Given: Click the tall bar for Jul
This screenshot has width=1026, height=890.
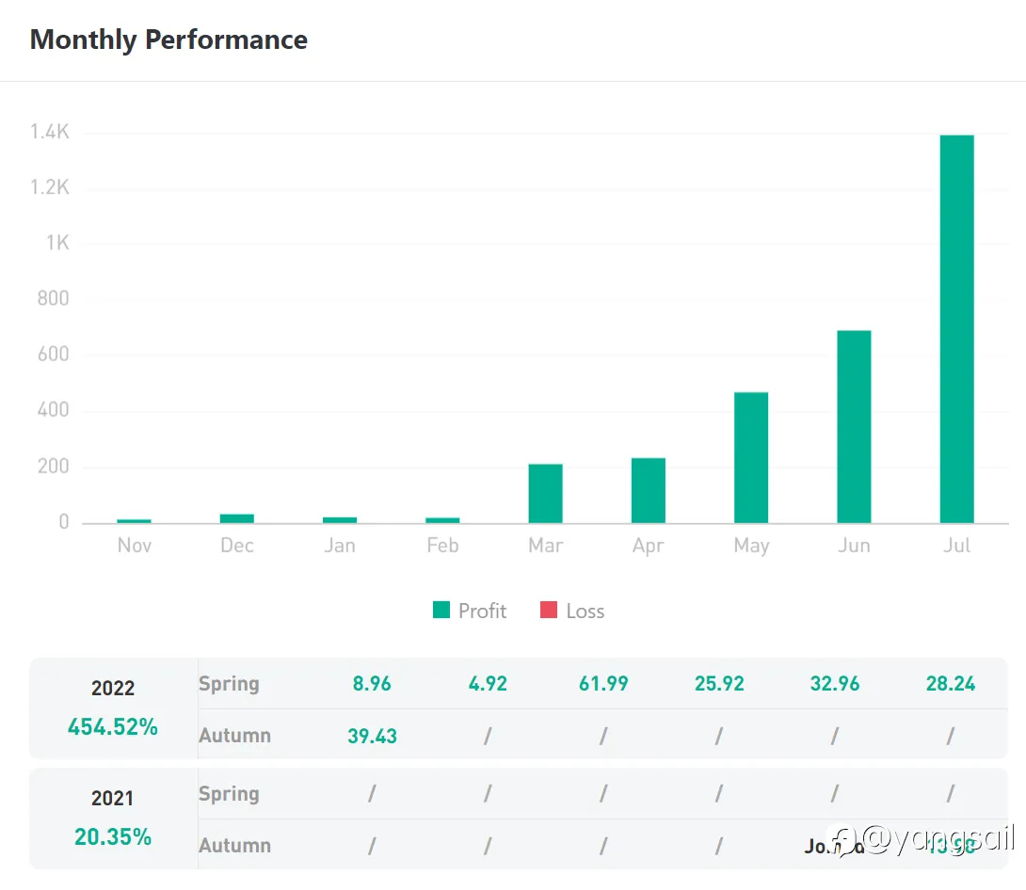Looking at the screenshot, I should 956,329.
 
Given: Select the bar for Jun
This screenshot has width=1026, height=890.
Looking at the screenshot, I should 854,426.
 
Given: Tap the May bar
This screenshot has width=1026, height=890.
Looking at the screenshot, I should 751,457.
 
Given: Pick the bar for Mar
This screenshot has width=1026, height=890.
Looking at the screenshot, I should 545,493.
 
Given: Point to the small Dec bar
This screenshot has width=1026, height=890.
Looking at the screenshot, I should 237,517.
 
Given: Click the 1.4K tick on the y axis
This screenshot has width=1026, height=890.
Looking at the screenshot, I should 50,133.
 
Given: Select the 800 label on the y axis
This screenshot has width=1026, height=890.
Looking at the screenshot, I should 52,299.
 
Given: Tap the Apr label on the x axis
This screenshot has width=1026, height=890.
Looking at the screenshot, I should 649,546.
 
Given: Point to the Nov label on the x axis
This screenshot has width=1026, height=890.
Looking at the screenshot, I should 135,546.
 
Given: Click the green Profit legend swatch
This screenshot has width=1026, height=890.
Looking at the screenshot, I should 441,611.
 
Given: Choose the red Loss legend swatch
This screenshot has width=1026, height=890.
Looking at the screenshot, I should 549,611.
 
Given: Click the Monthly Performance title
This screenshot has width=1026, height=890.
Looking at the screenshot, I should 168,40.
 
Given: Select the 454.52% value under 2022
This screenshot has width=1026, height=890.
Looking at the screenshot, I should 113,726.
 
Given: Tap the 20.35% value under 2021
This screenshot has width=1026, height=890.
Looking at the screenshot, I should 113,836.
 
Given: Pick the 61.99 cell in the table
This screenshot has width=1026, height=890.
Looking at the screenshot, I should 603,684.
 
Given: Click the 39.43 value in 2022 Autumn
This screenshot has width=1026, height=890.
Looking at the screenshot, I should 372,736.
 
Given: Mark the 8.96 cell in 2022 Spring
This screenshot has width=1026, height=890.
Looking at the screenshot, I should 372,684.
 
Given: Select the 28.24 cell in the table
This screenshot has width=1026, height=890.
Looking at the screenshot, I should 951,684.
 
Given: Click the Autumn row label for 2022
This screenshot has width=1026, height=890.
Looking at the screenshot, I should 234,736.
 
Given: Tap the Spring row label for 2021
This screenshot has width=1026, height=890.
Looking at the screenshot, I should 229,794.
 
